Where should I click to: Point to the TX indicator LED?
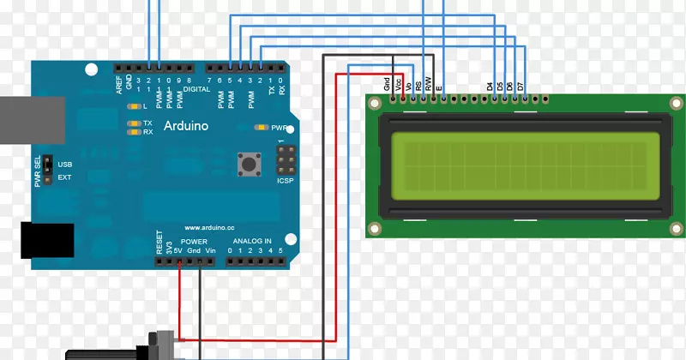coord(133,123)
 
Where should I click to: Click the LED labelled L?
coord(133,106)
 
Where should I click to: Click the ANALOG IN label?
coord(251,241)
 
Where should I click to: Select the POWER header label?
coord(194,242)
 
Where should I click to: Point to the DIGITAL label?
coord(196,88)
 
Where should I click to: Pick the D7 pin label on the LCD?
coord(520,86)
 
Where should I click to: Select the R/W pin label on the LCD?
coord(428,84)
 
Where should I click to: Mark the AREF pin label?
coord(119,83)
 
